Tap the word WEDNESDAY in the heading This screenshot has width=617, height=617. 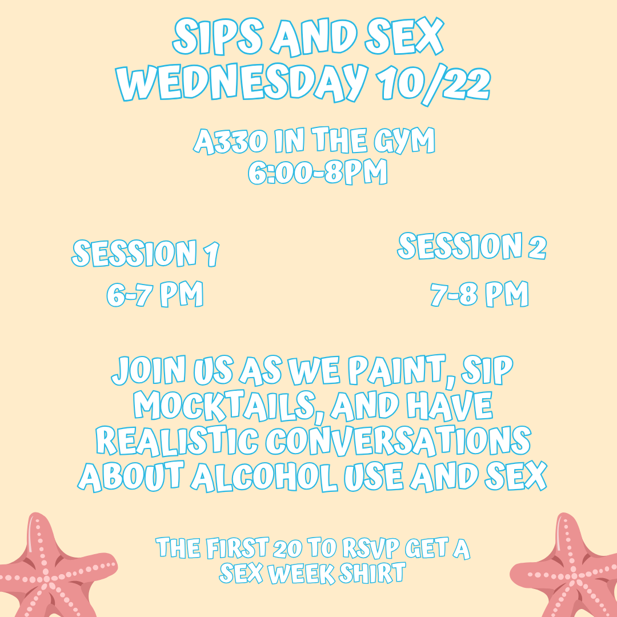tap(242, 83)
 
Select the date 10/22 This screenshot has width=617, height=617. tap(433, 84)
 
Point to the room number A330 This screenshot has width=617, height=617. tap(231, 141)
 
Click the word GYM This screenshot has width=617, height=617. tap(404, 140)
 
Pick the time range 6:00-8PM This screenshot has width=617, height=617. tap(318, 171)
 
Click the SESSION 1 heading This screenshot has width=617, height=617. tap(145, 253)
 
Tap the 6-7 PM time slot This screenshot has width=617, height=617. tap(155, 294)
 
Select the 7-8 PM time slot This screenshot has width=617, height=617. tap(479, 294)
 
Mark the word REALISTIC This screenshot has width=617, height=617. tap(178, 440)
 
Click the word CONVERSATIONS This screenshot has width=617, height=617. tap(398, 440)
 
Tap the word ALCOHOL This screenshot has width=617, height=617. tap(264, 476)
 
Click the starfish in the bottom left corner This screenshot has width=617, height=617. tap(53, 571)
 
